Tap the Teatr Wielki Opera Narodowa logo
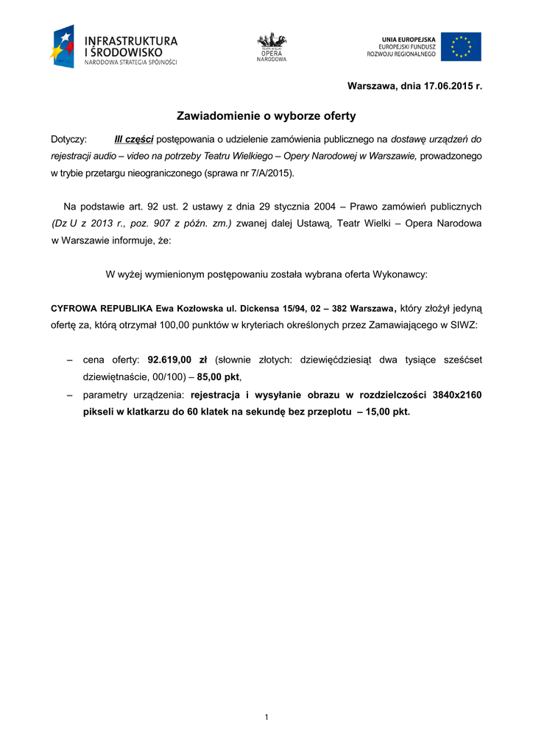coord(272,47)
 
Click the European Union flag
coord(461,46)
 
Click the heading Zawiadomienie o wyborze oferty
coord(266,116)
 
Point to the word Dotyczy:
coord(68,139)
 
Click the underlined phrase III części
coord(133,139)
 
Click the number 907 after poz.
coord(168,224)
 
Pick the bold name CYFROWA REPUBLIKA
coord(102,308)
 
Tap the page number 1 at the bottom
coord(266,717)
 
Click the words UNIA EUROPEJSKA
coord(409,39)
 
